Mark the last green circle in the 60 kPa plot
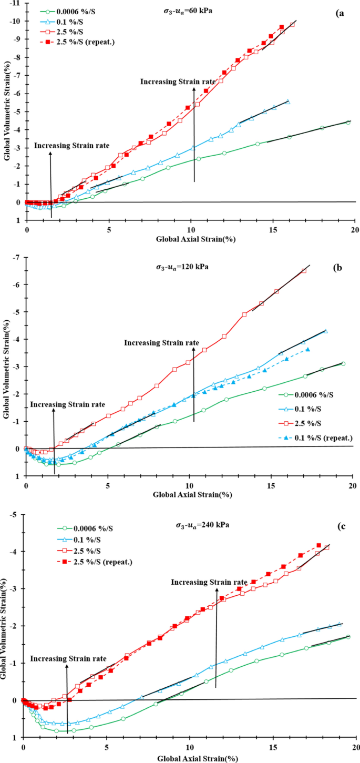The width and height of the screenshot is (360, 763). click(x=347, y=122)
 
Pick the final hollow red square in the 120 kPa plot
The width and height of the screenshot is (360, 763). click(x=304, y=270)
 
